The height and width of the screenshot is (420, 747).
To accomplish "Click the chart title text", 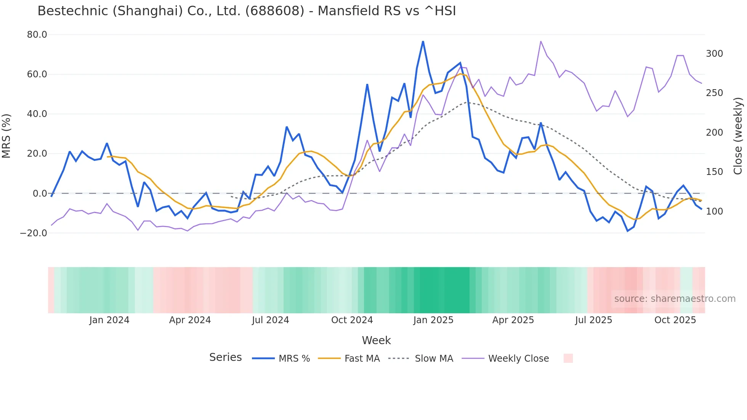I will pyautogui.click(x=247, y=11).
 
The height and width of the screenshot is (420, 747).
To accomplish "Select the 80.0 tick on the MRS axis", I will pyautogui.click(x=37, y=35).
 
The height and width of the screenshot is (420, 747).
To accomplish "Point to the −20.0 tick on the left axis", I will pyautogui.click(x=34, y=233).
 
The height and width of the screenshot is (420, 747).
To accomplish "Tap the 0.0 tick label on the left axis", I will pyautogui.click(x=40, y=193).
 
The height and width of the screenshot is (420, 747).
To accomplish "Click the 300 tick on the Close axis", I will pyautogui.click(x=714, y=54).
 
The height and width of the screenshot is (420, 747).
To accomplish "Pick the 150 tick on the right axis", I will pyautogui.click(x=714, y=172).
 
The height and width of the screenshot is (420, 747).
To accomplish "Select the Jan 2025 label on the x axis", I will pyautogui.click(x=433, y=320).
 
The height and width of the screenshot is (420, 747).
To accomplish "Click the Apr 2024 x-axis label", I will pyautogui.click(x=190, y=320).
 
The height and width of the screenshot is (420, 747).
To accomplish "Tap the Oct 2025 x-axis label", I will pyautogui.click(x=675, y=320).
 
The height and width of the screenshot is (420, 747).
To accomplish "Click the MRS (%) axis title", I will pyautogui.click(x=6, y=136).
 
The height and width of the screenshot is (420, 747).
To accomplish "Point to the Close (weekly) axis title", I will pyautogui.click(x=738, y=136).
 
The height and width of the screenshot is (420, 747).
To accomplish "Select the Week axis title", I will pyautogui.click(x=376, y=340).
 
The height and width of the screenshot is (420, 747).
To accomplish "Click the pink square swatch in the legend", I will pyautogui.click(x=568, y=358).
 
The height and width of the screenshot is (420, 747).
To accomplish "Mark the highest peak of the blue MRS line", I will pyautogui.click(x=423, y=42).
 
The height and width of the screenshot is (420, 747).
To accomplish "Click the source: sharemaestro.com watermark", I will pyautogui.click(x=675, y=299).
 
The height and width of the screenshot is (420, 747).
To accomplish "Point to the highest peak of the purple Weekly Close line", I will pyautogui.click(x=541, y=42).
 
